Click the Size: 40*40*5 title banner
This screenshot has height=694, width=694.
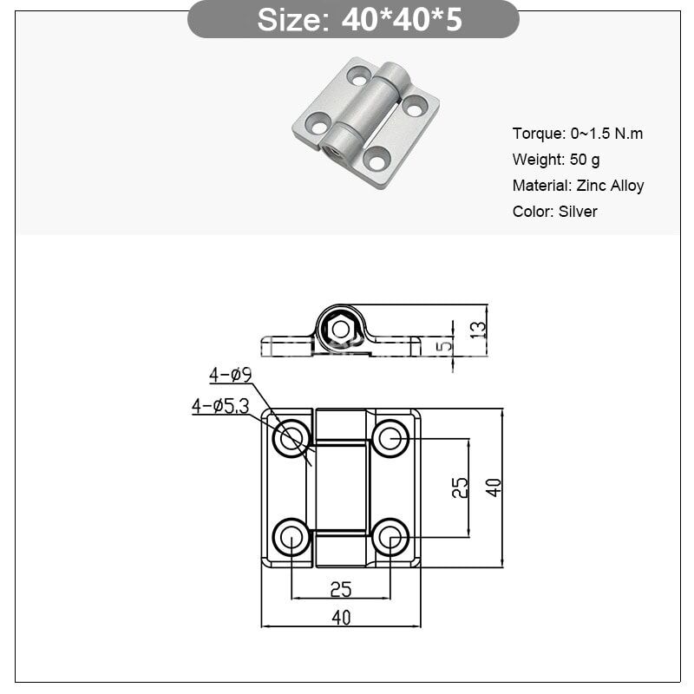pos(353,19)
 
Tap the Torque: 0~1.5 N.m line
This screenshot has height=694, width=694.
pos(578,134)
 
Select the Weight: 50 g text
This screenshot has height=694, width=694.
pos(556,160)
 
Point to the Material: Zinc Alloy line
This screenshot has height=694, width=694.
pos(578,186)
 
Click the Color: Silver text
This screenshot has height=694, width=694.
pos(554,212)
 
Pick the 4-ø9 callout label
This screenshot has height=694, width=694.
pos(230,375)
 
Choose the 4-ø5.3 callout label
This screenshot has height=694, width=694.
pos(220,405)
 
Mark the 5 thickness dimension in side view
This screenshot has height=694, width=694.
pos(445,346)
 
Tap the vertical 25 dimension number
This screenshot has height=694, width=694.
pos(461,488)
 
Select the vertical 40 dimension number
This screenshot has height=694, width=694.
pos(494,488)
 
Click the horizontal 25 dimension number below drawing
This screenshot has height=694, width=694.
pos(341,590)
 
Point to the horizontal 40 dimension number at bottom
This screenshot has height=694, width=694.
pos(341,618)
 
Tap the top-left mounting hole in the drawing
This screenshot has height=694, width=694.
pos(291,437)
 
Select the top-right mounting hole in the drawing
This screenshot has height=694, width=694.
pos(390,437)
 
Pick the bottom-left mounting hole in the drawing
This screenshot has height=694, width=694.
pos(291,537)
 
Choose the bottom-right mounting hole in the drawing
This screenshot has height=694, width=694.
pos(390,537)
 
